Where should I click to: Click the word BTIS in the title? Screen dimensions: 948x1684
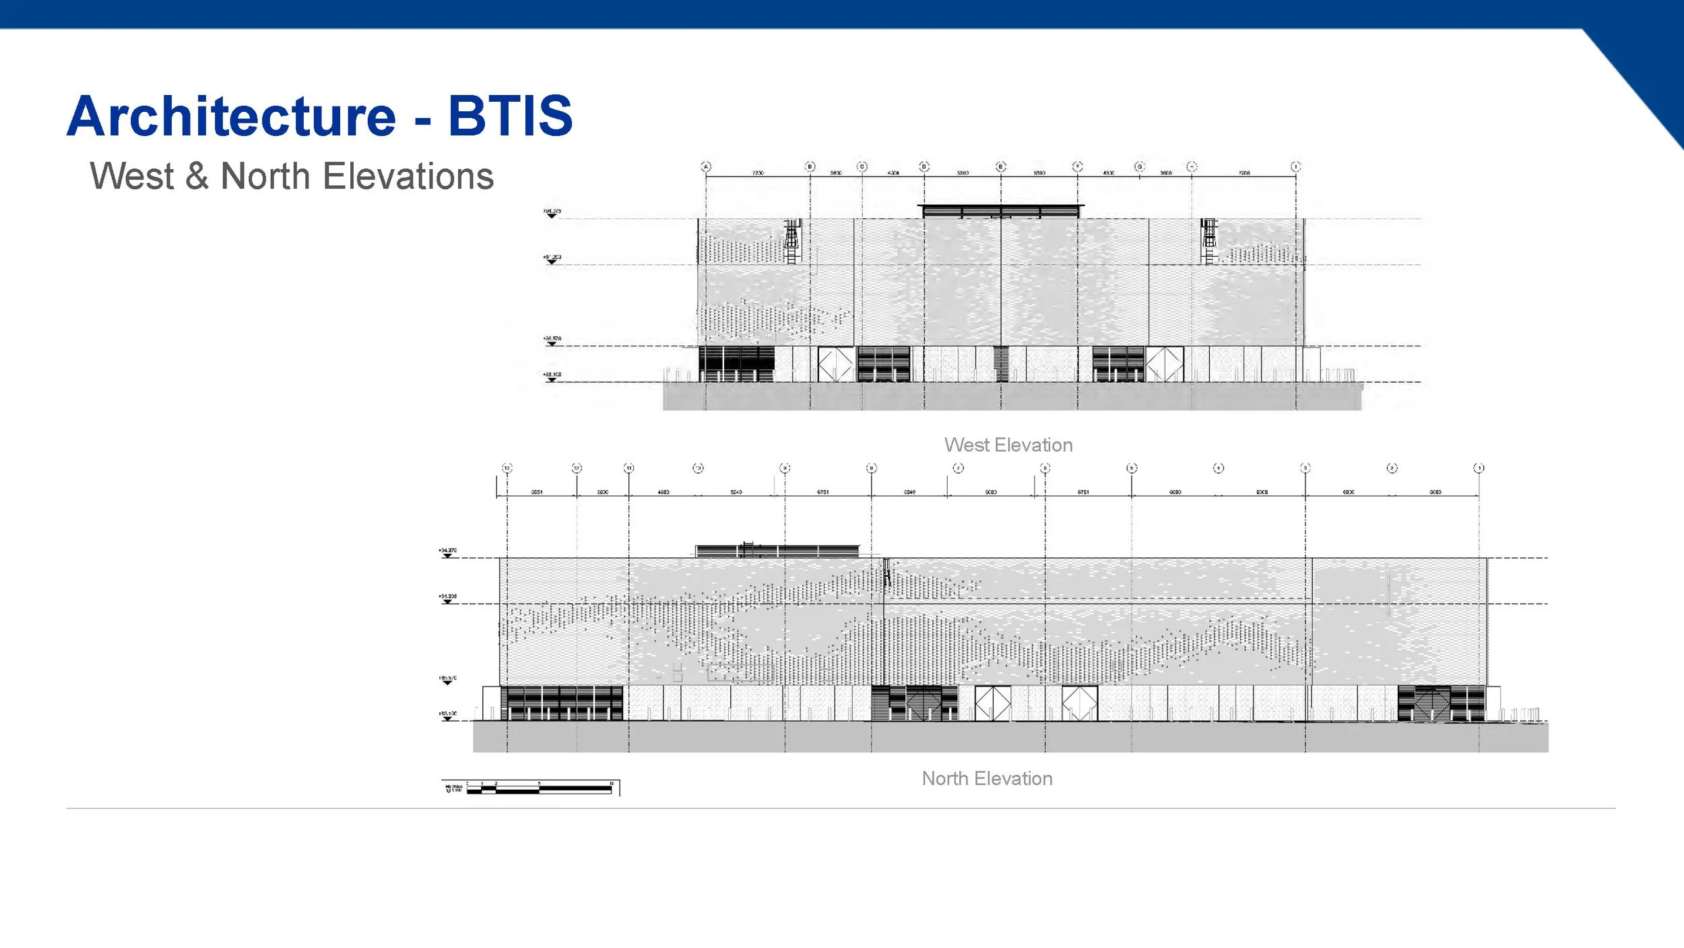(510, 116)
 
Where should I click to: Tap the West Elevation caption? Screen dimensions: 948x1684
(1008, 445)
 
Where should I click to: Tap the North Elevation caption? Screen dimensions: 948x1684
(987, 778)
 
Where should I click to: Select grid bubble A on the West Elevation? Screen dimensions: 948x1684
(706, 166)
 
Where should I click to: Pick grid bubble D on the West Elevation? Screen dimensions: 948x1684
(924, 166)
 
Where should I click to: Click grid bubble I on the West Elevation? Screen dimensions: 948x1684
(1295, 166)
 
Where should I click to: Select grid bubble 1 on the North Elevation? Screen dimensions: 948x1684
(1479, 468)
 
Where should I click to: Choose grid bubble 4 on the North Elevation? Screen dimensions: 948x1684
(1219, 468)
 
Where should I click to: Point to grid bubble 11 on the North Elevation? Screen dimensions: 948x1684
(628, 468)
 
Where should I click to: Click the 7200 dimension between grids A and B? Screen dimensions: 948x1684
(758, 173)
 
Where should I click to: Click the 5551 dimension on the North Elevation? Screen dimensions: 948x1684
(536, 493)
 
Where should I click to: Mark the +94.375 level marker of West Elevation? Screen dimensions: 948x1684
(552, 213)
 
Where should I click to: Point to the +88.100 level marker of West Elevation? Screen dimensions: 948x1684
(552, 376)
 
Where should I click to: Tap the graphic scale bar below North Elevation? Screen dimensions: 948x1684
(539, 788)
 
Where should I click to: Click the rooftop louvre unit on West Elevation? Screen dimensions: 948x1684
(1001, 211)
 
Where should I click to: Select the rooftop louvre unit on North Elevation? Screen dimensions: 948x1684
(777, 550)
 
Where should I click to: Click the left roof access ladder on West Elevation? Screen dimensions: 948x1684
(792, 241)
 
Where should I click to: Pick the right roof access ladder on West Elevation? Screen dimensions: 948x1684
(1209, 241)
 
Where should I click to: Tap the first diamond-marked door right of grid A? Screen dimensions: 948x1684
(835, 364)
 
